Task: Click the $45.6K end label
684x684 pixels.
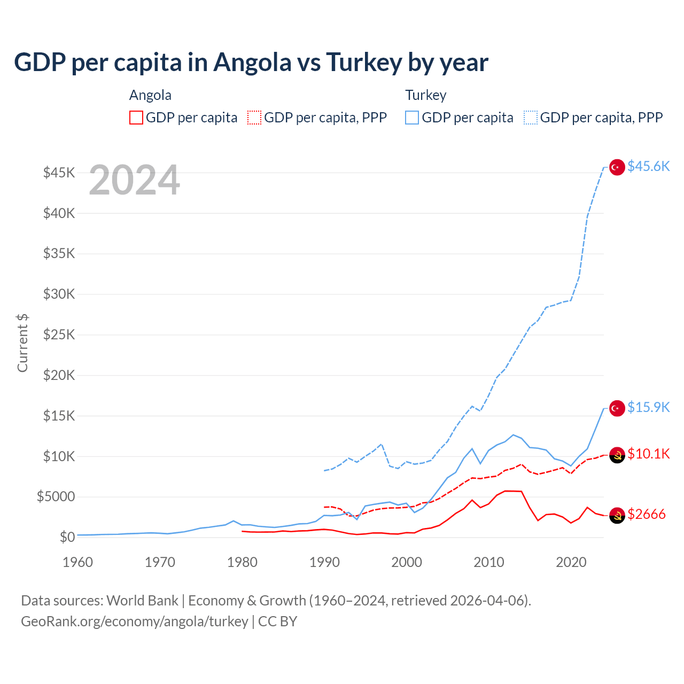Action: [x=648, y=167]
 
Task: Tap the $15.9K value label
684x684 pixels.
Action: [x=648, y=408]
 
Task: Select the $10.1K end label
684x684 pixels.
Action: [x=648, y=454]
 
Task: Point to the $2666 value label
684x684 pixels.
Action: [x=647, y=515]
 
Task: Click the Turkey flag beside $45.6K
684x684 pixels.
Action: [x=617, y=167]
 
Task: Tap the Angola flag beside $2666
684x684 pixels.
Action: [x=617, y=515]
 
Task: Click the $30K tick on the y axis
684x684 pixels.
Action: [x=59, y=294]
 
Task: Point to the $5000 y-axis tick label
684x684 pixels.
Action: [x=56, y=497]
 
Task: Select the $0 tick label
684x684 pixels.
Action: [x=67, y=537]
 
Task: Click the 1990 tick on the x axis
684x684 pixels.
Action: [x=324, y=562]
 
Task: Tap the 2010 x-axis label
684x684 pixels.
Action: [x=489, y=562]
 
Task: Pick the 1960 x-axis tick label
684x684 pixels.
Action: [x=78, y=562]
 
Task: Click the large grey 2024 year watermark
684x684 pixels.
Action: [x=134, y=180]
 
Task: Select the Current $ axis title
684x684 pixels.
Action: [x=22, y=343]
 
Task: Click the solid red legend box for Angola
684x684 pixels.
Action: [x=136, y=118]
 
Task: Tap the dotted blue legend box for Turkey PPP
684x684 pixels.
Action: [x=531, y=118]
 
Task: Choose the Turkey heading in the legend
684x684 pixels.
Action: [x=425, y=95]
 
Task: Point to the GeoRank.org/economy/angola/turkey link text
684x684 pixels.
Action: [x=134, y=621]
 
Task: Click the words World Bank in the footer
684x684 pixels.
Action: [x=142, y=601]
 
